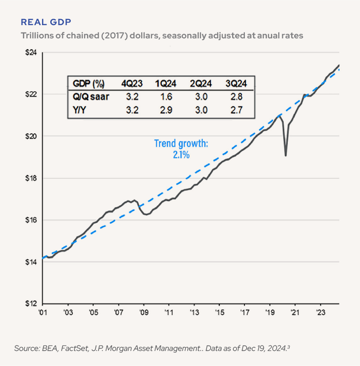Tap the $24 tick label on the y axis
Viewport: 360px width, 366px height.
coord(31,53)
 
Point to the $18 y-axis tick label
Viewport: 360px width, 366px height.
coord(31,178)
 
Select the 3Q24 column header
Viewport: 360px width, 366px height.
coord(236,84)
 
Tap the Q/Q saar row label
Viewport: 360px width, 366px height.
coord(91,96)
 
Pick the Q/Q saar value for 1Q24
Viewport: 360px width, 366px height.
coord(166,96)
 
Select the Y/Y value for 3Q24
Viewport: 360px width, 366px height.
coord(236,110)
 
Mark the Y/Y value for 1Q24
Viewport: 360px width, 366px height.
coord(166,110)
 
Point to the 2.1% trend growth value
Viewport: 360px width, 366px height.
coord(181,155)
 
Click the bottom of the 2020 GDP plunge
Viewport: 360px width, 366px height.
coord(286,155)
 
